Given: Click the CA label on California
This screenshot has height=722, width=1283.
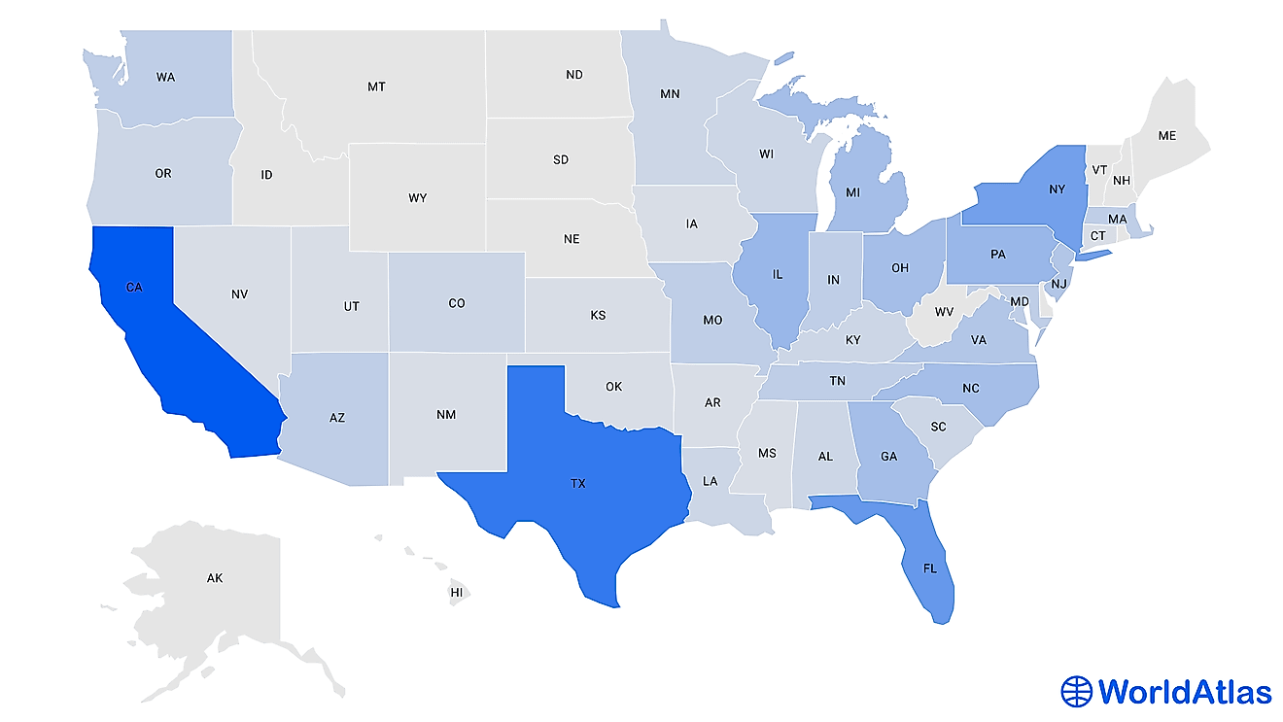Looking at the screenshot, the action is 134,288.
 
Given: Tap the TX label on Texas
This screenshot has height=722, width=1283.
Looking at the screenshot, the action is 578,483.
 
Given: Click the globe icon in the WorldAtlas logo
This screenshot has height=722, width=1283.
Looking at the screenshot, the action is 1076,691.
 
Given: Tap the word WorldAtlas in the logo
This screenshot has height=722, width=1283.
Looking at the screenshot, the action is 1184,691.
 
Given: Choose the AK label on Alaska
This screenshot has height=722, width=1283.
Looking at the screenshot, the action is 215,578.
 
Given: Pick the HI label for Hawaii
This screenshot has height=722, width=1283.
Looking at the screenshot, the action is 456,591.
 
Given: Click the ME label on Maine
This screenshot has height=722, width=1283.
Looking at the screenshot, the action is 1166,137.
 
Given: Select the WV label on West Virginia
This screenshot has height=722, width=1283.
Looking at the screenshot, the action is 945,312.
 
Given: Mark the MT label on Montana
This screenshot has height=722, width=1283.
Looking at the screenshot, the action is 376,86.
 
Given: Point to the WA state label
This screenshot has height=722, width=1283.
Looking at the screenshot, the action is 165,77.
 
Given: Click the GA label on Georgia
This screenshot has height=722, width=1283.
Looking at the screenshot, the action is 889,455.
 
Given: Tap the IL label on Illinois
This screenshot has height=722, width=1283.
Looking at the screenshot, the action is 778,275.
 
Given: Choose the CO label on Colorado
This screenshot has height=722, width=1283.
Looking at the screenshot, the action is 457,303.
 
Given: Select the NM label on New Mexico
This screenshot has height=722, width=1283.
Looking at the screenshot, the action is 446,415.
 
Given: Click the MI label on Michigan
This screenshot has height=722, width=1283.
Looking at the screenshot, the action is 852,192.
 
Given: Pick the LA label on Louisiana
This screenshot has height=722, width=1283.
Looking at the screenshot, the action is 711,481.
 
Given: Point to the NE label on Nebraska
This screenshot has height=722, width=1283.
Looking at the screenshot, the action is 572,238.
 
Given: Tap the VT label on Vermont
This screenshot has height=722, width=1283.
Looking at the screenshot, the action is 1099,169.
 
